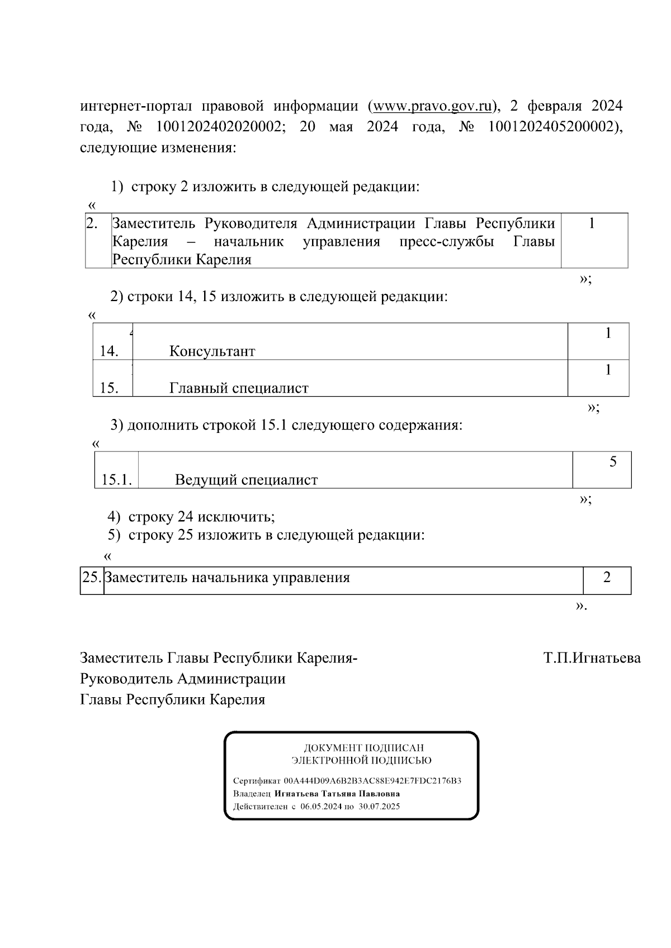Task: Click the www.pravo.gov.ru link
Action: coord(432,106)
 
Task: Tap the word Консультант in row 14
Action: coord(212,351)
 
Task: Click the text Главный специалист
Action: coord(239,388)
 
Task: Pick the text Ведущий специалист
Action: coord(246,480)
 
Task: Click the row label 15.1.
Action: coord(116,480)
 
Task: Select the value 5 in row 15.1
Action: coord(613,462)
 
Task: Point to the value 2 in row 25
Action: coord(607,578)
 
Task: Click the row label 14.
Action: coord(108,351)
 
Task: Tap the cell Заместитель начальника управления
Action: coord(228,578)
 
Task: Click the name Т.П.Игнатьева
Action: coord(592,658)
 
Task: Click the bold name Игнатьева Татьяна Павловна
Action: coord(337,794)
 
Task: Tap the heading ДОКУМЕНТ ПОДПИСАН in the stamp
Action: coord(363,747)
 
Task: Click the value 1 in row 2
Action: coord(592,224)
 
